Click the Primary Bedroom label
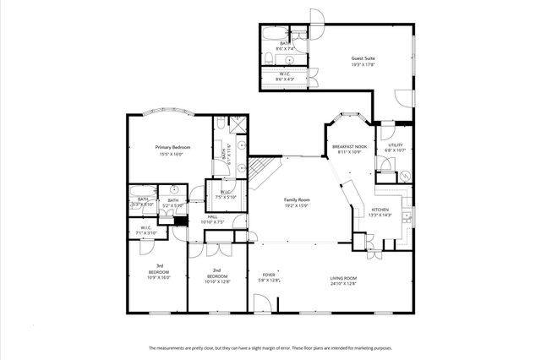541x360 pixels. pos(173,148)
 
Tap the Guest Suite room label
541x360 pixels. pos(363,58)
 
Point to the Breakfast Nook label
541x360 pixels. pos(349,146)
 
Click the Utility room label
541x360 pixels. pos(396,145)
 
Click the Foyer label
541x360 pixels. pos(269,275)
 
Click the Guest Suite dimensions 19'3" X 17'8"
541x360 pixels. pos(363,64)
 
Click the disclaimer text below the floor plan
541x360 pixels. pos(270,347)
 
